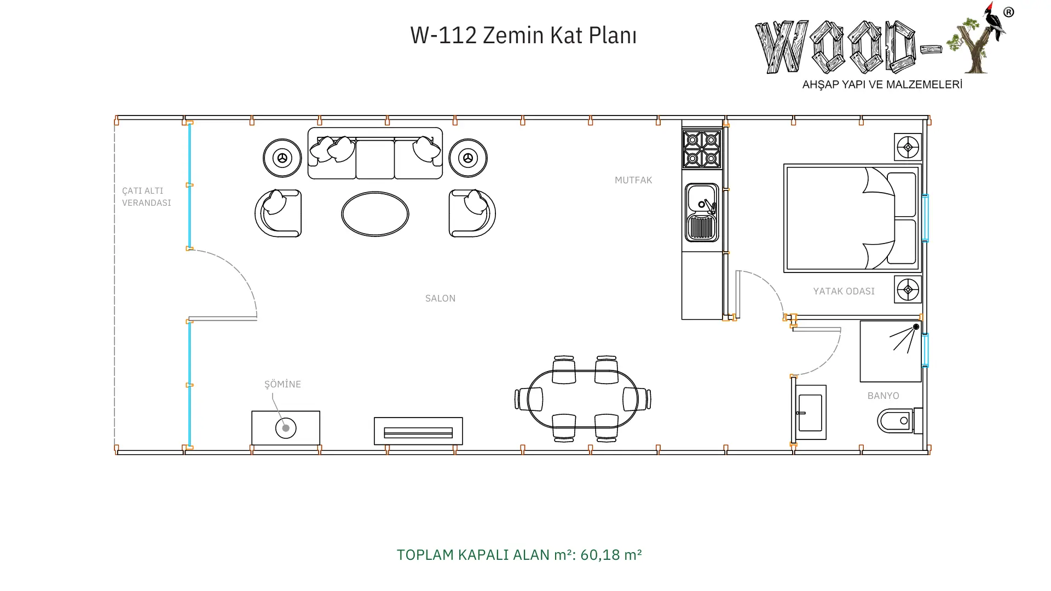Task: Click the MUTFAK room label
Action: click(633, 180)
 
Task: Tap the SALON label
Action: click(440, 298)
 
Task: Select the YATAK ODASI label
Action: click(844, 291)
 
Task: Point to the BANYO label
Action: click(883, 396)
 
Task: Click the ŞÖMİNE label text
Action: click(282, 384)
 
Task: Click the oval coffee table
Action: click(375, 214)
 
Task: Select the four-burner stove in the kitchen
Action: click(702, 148)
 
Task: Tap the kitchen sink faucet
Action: click(708, 206)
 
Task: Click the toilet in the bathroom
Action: click(900, 421)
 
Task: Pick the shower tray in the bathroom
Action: click(891, 351)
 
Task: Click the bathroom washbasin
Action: click(810, 413)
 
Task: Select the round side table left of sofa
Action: click(282, 158)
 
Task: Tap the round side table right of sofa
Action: click(468, 158)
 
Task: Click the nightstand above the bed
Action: click(908, 147)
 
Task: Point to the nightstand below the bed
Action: click(908, 289)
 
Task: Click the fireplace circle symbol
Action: click(286, 428)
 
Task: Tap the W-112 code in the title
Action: click(443, 35)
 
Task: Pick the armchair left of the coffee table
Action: click(278, 213)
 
